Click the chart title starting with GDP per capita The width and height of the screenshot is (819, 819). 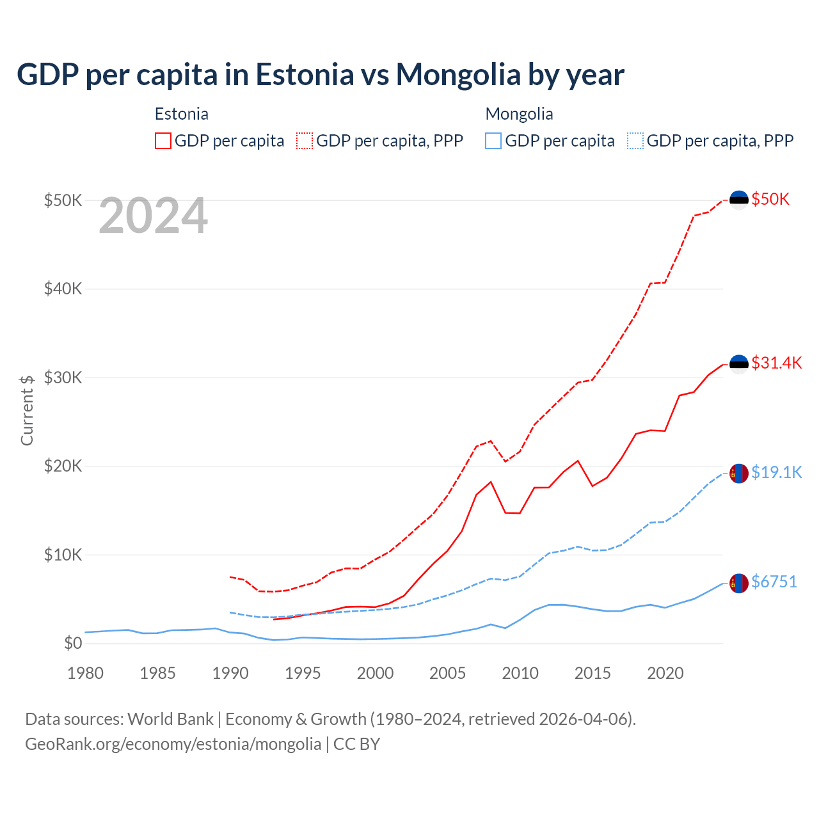click(320, 75)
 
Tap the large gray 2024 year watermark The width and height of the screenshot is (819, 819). click(154, 216)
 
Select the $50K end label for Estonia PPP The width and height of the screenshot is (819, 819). click(770, 199)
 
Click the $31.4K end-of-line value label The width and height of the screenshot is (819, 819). click(776, 363)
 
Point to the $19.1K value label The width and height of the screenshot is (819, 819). click(776, 472)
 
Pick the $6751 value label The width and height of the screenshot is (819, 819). click(774, 582)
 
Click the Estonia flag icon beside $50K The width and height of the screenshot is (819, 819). click(739, 200)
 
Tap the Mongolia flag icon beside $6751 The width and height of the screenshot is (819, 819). click(739, 583)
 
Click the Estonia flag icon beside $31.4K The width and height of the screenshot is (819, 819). click(739, 363)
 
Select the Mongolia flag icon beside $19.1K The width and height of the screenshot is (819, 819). click(739, 473)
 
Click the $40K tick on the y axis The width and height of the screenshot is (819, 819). click(63, 289)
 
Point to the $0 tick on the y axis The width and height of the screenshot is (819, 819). click(73, 643)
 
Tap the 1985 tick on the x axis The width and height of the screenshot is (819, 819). click(157, 673)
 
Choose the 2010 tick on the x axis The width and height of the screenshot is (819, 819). click(520, 673)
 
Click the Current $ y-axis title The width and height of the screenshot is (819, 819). click(27, 409)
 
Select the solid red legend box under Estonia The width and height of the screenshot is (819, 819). click(163, 141)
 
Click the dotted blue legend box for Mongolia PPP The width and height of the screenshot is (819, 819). click(635, 141)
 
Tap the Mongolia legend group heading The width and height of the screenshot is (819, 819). click(519, 114)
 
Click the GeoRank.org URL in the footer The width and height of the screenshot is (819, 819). click(173, 744)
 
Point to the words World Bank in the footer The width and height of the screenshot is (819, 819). click(170, 719)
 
